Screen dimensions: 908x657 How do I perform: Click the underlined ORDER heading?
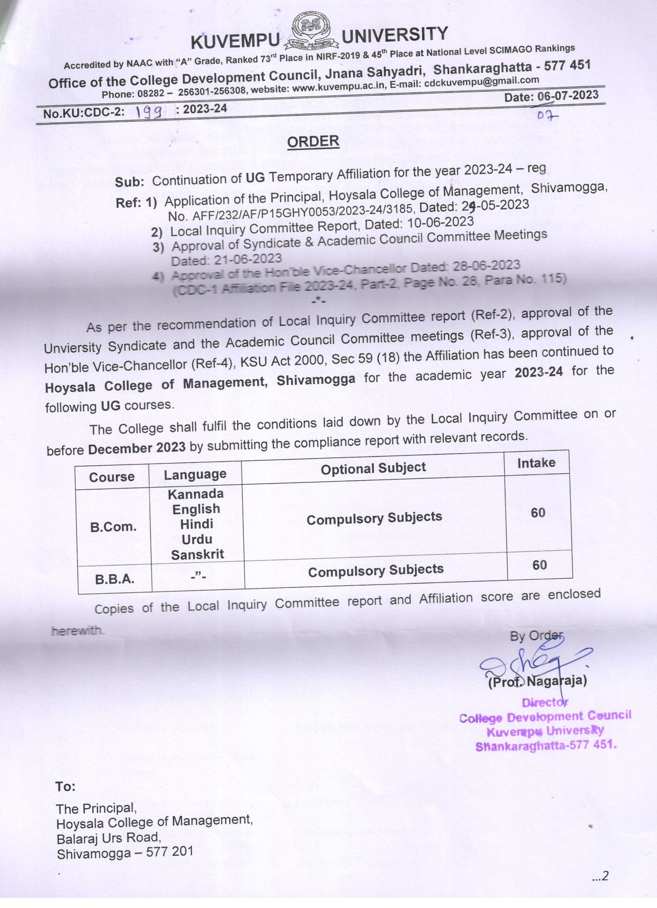pos(313,141)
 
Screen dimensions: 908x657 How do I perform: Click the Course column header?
pos(112,477)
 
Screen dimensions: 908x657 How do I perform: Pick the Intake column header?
pos(536,463)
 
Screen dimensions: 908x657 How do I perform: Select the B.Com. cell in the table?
pos(113,527)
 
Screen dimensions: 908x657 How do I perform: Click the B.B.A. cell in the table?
pos(115,579)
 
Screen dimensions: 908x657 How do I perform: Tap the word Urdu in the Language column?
pos(197,539)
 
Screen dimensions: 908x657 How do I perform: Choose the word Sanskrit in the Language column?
pos(198,555)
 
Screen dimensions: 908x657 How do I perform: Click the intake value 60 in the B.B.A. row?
pos(539,565)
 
